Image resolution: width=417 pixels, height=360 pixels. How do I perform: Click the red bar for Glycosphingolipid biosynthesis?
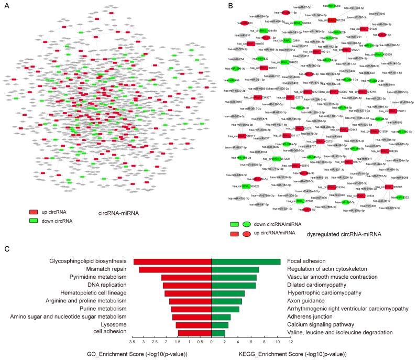(172, 261)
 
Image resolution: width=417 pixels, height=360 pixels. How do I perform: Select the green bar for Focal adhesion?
(246, 261)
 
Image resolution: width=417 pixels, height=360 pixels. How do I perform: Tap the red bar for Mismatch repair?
(175, 269)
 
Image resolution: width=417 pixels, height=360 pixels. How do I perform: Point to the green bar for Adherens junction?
(221, 317)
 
